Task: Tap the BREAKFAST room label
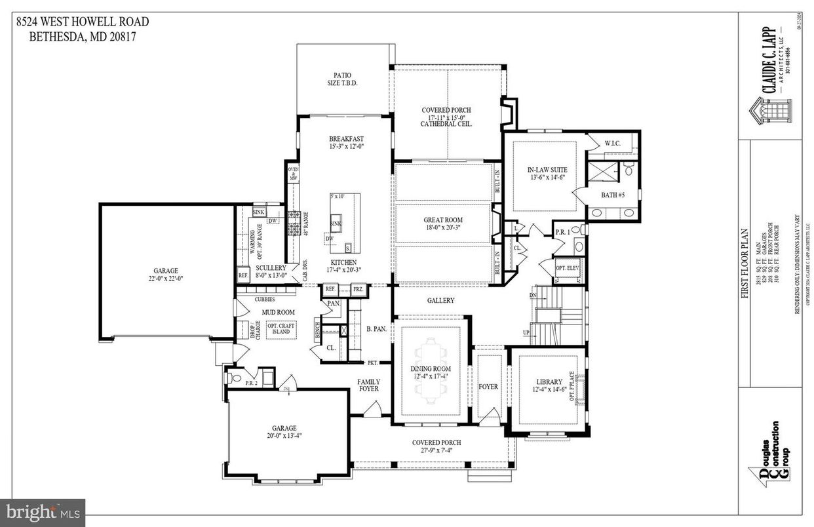click(346, 139)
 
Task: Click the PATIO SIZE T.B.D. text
click(346, 79)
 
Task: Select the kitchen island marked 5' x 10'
click(345, 223)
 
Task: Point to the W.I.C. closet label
click(613, 142)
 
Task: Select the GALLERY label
click(440, 300)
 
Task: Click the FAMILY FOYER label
click(368, 385)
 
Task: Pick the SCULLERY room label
click(270, 268)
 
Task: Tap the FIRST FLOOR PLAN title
click(745, 262)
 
